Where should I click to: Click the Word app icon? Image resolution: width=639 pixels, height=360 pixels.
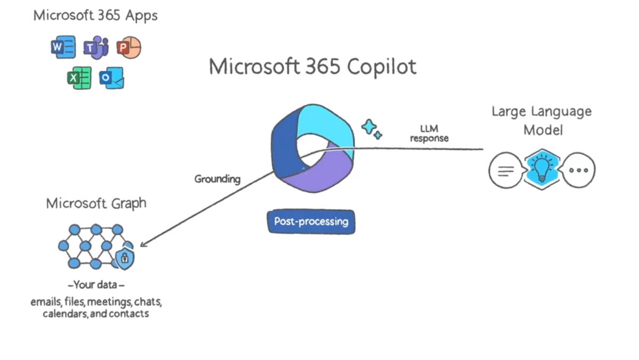click(x=63, y=48)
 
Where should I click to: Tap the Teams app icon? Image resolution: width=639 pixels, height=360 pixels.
click(x=96, y=48)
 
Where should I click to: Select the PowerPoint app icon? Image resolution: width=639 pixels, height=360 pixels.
click(x=128, y=48)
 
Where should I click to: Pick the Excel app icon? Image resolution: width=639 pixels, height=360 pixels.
click(x=79, y=78)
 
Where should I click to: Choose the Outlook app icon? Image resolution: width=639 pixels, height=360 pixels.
click(x=111, y=78)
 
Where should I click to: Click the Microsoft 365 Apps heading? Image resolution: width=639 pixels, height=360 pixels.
click(x=95, y=15)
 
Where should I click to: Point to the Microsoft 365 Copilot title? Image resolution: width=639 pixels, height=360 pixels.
click(x=312, y=67)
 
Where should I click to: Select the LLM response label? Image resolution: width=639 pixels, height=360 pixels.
click(x=429, y=133)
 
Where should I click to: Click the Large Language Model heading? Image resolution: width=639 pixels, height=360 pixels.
click(x=541, y=120)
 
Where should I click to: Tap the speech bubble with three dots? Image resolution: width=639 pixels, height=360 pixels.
click(x=579, y=170)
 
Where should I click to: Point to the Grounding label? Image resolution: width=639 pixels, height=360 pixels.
click(x=217, y=179)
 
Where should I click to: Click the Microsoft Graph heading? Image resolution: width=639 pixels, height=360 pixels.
click(x=96, y=203)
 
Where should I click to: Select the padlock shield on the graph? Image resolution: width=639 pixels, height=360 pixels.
click(x=125, y=259)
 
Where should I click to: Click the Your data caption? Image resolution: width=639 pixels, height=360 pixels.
click(x=96, y=284)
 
